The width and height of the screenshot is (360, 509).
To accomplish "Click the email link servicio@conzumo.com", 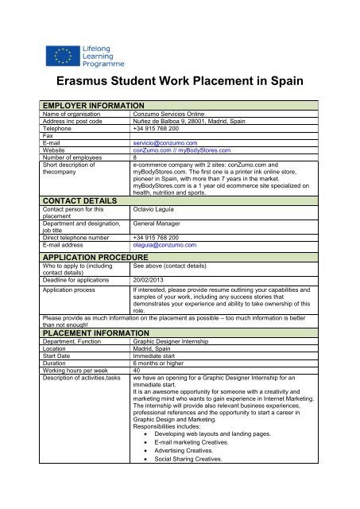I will click(165, 142).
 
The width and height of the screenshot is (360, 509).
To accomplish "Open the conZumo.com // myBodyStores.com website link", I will click(184, 150).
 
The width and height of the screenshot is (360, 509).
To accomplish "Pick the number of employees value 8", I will click(135, 157).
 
